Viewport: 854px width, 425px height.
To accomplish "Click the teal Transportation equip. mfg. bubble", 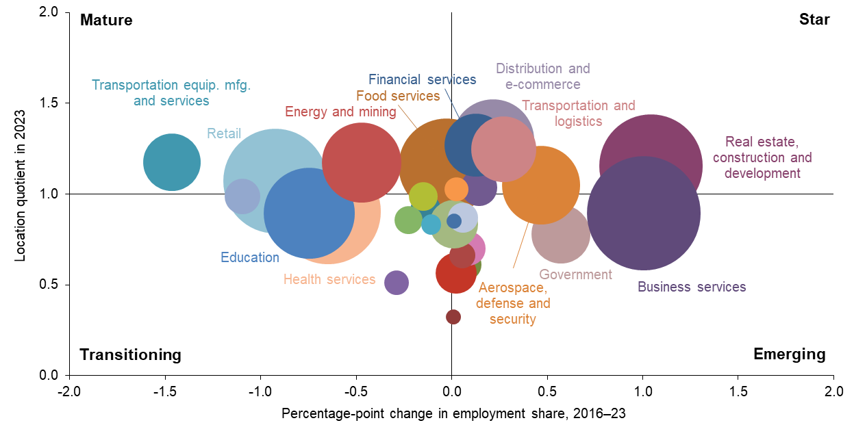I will [x=172, y=162].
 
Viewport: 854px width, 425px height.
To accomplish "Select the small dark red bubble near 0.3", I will [x=453, y=317].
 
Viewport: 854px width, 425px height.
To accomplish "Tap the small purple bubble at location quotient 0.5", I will [x=397, y=282].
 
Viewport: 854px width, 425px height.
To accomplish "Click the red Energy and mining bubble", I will [x=361, y=162].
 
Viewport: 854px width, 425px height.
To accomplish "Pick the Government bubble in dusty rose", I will [x=561, y=234].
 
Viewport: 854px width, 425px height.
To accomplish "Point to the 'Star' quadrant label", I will [x=814, y=20].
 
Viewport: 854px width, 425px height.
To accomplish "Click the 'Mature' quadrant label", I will [x=106, y=20].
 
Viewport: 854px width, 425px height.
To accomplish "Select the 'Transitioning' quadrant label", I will [x=130, y=355].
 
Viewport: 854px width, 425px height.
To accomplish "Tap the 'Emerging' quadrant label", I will [x=789, y=354].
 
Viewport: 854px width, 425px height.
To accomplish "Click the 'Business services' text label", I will [x=692, y=287].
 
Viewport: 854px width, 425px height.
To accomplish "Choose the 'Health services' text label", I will [x=329, y=279].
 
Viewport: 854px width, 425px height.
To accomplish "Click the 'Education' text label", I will [x=250, y=258].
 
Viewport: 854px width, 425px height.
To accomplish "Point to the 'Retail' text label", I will [x=224, y=133].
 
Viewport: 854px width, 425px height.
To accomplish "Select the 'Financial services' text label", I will [x=422, y=79].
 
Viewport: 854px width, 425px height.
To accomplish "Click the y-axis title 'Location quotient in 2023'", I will [x=20, y=194].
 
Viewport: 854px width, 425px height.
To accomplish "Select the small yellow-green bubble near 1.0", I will [x=423, y=196].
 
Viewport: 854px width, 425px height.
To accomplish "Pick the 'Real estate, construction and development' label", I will [x=762, y=157].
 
